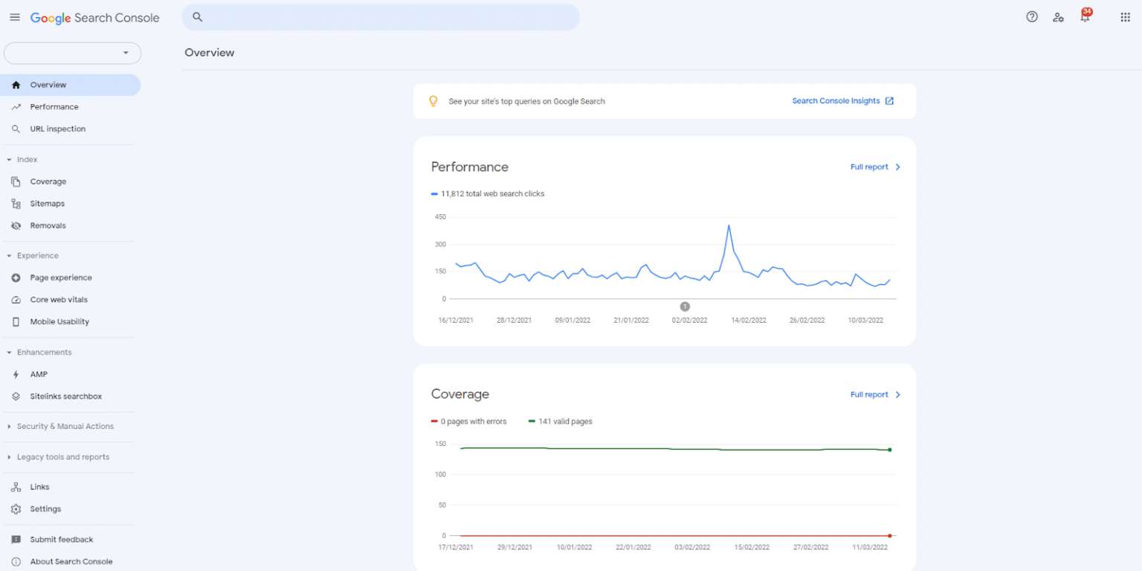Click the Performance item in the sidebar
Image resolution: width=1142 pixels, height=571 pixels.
54,107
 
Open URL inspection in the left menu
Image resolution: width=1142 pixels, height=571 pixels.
57,129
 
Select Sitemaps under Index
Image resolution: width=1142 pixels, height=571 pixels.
47,204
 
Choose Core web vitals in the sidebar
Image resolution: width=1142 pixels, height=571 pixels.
58,300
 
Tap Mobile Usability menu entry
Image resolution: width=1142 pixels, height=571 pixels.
59,322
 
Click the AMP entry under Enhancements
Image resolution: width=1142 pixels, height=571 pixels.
39,375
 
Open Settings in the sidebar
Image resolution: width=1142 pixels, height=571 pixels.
45,509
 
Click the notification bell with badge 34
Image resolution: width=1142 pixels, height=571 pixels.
1085,17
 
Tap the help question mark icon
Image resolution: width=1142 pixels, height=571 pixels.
1032,17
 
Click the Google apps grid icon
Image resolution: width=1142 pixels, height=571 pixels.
1125,17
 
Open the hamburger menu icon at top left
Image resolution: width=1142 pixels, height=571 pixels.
15,17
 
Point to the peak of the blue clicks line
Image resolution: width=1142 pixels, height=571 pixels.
729,225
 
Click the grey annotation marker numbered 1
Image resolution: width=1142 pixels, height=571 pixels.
685,306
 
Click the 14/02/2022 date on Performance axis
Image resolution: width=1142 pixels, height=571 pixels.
748,320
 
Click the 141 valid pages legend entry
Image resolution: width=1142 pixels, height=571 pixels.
564,422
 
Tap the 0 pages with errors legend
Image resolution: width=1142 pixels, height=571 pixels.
473,422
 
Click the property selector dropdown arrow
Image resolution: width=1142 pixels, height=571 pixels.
126,53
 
